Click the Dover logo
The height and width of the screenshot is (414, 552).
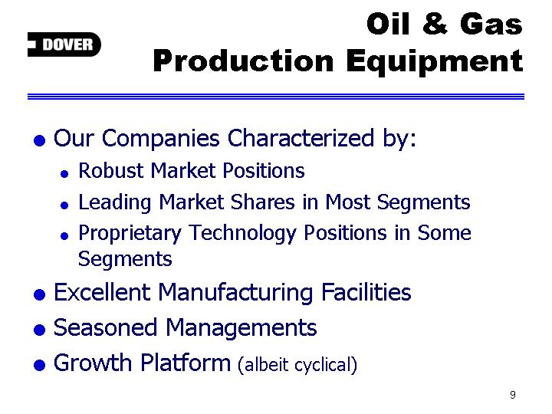64,44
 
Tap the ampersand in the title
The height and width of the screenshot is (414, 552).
435,24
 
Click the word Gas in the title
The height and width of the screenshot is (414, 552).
491,24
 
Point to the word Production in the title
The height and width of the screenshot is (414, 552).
243,61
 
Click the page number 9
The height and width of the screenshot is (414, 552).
513,395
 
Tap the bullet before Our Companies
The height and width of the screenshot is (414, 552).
39,140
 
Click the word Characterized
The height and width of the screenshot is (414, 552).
301,138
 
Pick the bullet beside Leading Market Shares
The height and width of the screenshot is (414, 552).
64,205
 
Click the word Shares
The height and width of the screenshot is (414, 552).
263,202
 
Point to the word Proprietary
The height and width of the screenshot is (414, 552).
130,234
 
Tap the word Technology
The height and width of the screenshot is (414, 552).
242,234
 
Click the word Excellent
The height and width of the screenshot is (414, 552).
102,292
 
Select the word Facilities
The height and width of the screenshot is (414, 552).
366,292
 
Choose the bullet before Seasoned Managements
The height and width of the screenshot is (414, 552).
39,330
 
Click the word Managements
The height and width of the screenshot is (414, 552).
242,328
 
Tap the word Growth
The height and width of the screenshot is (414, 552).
93,363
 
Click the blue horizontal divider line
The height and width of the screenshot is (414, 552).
276,97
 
